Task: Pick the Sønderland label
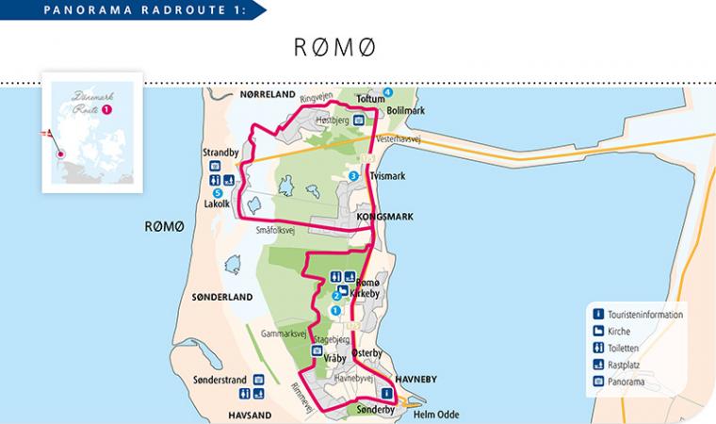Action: point(223,297)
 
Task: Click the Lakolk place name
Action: point(218,204)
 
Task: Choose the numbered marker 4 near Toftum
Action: point(387,91)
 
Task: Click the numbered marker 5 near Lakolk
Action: point(218,193)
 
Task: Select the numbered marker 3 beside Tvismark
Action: point(353,176)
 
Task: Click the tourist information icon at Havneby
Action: point(386,393)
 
